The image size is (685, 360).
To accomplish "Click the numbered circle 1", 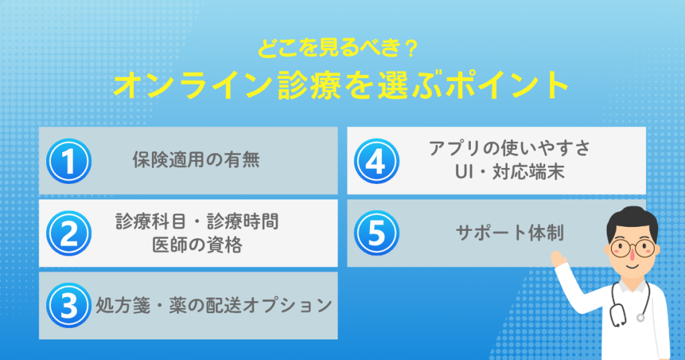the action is point(69,161).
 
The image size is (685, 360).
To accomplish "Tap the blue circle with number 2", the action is point(69,234).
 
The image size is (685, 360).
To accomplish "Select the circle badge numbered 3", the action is point(69,305).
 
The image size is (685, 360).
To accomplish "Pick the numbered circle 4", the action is point(377,161).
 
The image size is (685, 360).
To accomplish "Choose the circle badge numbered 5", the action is point(377,234).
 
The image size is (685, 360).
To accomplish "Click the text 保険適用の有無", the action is point(196,160).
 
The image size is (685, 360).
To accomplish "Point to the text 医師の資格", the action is point(197,245).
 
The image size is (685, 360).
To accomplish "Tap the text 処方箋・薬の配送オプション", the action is point(214,305).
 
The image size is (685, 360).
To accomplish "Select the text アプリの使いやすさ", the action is point(509,148).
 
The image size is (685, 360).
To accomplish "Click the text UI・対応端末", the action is point(509,172).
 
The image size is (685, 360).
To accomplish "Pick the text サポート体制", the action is point(509,233).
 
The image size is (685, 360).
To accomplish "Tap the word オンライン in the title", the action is point(193,84).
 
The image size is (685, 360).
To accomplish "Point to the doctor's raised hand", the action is point(559,259).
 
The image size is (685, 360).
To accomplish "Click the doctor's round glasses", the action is point(632,248).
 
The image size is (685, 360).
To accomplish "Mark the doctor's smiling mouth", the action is point(631,265).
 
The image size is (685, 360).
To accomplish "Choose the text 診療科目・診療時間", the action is point(197,221).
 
